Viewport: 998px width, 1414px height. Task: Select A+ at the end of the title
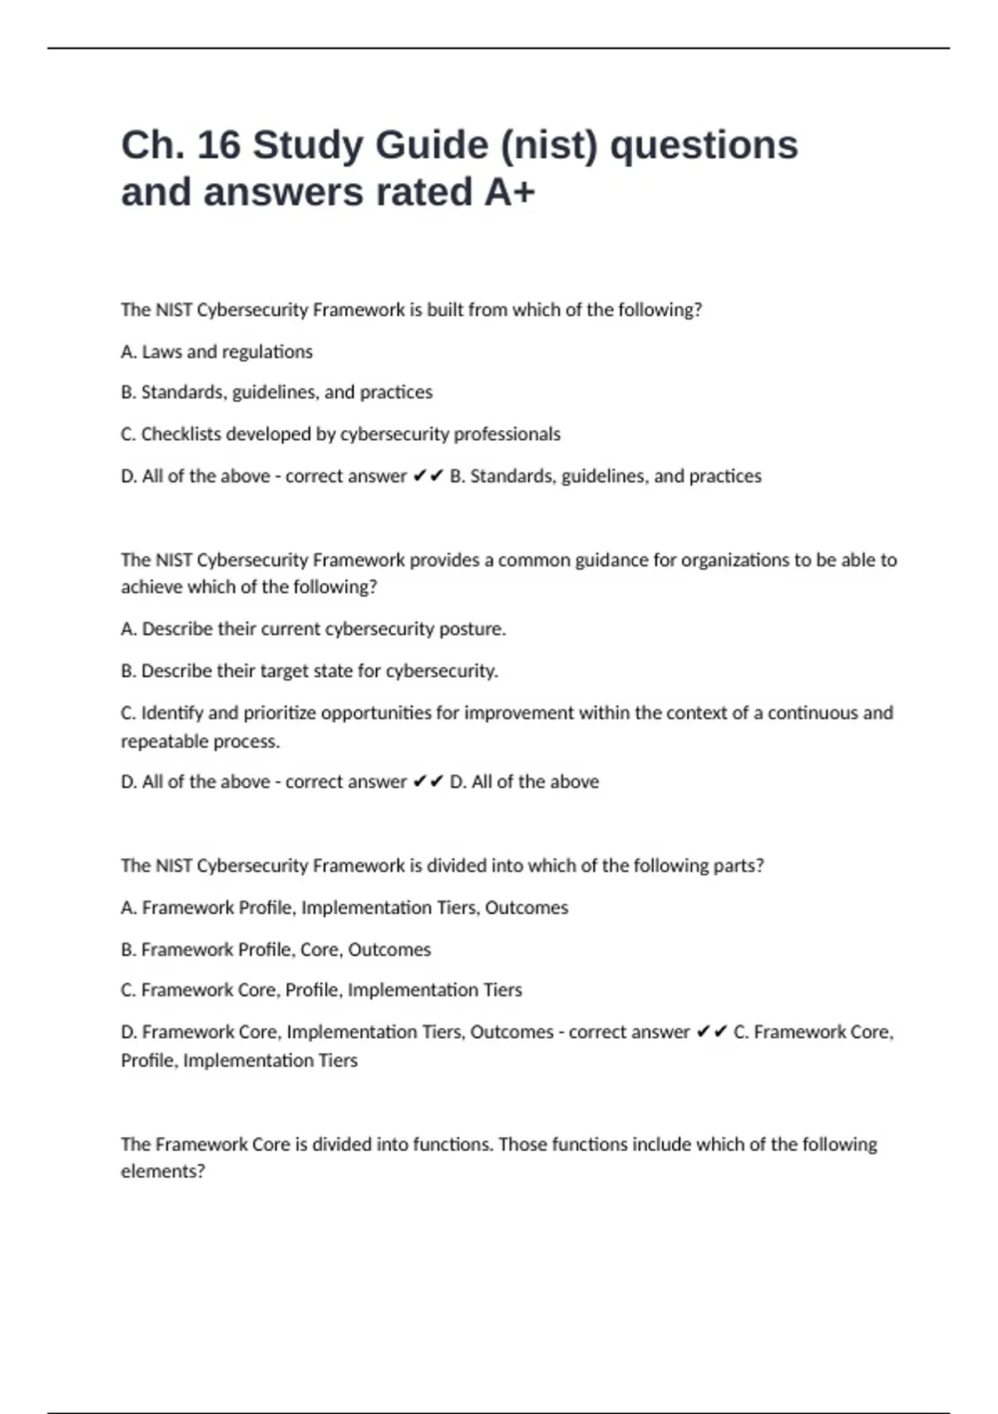tap(510, 193)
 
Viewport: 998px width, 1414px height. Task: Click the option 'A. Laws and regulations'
tap(216, 352)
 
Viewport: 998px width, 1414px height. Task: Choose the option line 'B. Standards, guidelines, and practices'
tap(276, 393)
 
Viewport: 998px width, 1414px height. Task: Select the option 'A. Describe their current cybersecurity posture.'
tap(313, 629)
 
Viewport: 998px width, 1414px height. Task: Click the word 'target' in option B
tap(290, 671)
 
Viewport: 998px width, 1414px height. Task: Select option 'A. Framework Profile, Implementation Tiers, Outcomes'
tap(344, 907)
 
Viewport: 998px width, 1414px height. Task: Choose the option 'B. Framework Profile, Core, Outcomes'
tap(275, 950)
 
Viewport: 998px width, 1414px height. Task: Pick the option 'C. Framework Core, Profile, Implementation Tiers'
tap(321, 990)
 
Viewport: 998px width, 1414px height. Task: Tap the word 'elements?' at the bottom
tap(163, 1171)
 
